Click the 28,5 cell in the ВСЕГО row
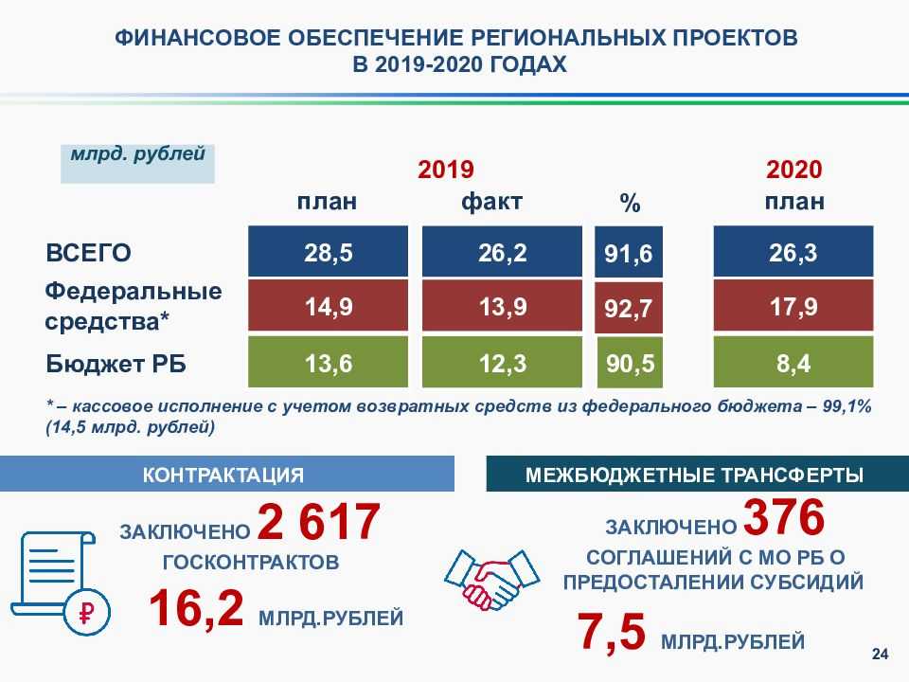coord(329,252)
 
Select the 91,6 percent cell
coord(629,252)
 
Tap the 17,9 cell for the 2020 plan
coord(793,305)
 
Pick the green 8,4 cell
coord(793,362)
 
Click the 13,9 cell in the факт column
coord(502,306)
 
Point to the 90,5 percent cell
coord(630,363)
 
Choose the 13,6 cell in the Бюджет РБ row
coord(329,362)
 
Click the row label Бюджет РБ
coord(116,364)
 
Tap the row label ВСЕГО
coord(88,253)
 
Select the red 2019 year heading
coord(445,170)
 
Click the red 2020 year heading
coord(793,170)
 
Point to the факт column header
coord(491,202)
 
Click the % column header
coord(630,203)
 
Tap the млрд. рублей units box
coord(138,164)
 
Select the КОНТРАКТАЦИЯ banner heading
coord(223,475)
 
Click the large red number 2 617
coord(318,522)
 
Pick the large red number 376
coord(784,516)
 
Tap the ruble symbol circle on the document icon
coord(87,612)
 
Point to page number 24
coord(880,655)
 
